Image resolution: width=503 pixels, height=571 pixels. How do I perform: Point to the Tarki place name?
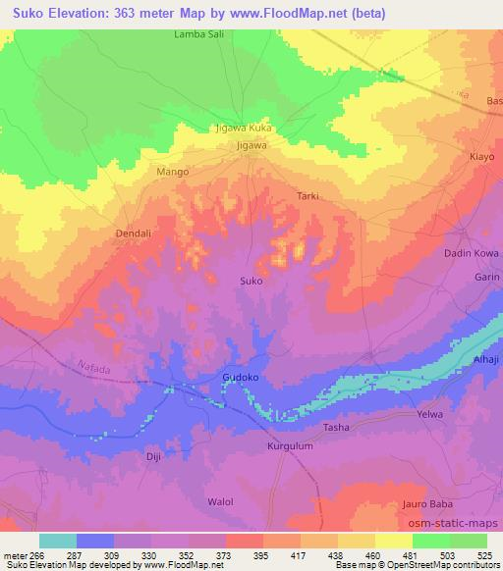tap(307, 196)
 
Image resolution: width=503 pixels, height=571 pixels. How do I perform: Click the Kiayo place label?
tap(481, 156)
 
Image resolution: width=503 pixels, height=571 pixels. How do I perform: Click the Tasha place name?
tap(336, 429)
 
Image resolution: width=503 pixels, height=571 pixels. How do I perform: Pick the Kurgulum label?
tap(289, 446)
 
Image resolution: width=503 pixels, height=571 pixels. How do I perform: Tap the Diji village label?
tap(152, 457)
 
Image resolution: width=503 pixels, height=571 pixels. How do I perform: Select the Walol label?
tap(220, 501)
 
